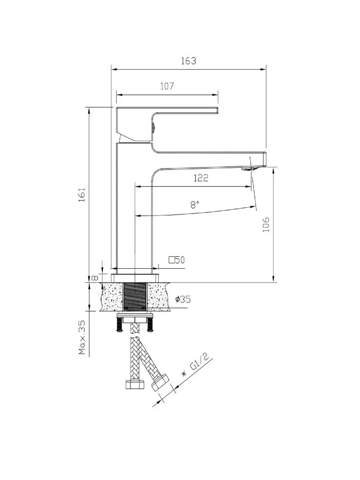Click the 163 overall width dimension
click(188, 61)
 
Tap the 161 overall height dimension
click(82, 195)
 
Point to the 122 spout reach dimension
click(201, 178)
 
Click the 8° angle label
click(195, 205)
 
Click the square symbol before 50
click(172, 260)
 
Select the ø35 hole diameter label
click(183, 299)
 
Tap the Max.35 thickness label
click(82, 338)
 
